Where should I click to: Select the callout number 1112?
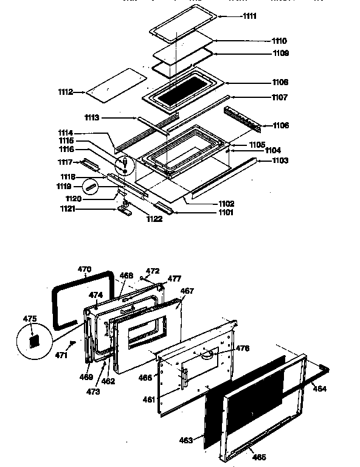[66, 92]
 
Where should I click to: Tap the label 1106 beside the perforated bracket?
[281, 125]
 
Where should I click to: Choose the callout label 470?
[85, 268]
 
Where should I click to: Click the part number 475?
[30, 318]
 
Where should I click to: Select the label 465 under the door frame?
[258, 456]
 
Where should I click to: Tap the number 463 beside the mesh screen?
[185, 440]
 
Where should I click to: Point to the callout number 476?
[243, 348]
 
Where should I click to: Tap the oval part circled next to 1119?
[91, 186]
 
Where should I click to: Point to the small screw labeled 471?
[72, 343]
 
